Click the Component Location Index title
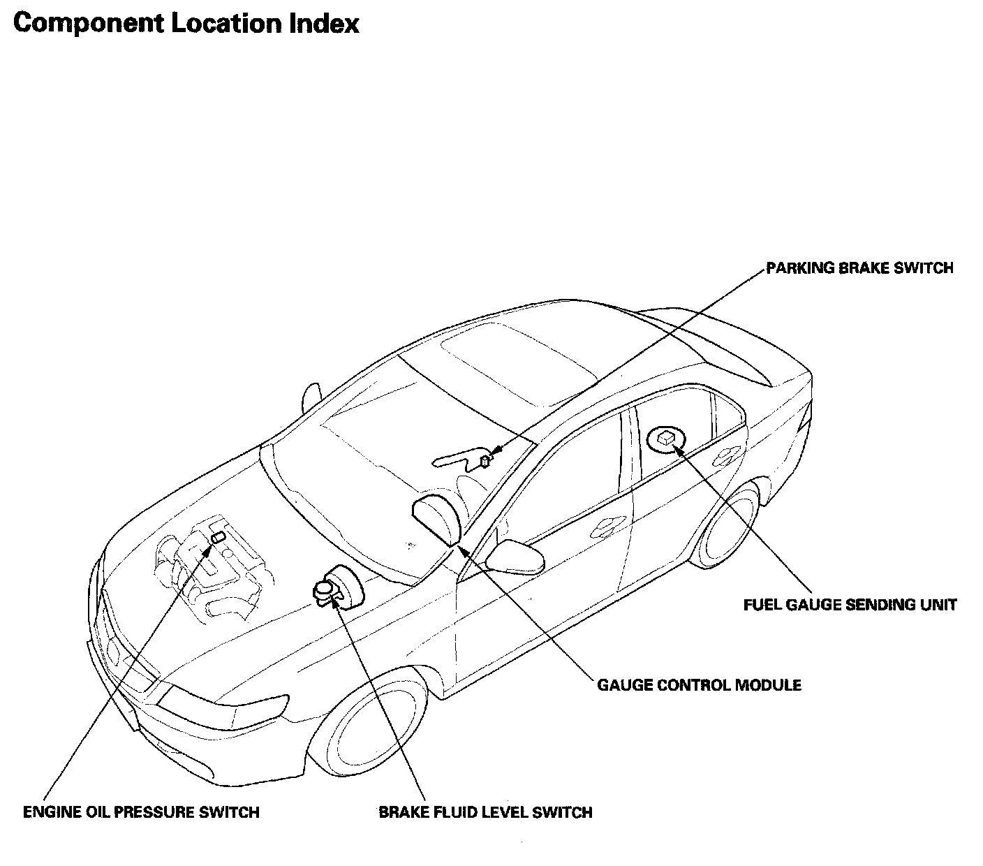click(186, 24)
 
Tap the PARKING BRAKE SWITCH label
click(859, 268)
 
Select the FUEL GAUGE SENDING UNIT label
click(849, 605)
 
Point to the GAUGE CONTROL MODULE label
click(699, 684)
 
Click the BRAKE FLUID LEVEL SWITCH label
click(485, 812)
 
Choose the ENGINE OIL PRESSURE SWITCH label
click(141, 812)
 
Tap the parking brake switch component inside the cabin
click(485, 460)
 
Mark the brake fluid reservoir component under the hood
click(325, 590)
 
